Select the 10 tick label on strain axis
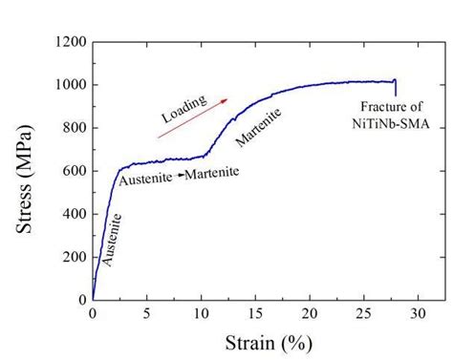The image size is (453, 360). click(201, 313)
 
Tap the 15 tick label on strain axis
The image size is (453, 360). click(255, 313)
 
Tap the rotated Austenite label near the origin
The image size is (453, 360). click(111, 239)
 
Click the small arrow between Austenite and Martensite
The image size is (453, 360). click(177, 176)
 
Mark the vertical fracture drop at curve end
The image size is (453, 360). click(395, 87)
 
